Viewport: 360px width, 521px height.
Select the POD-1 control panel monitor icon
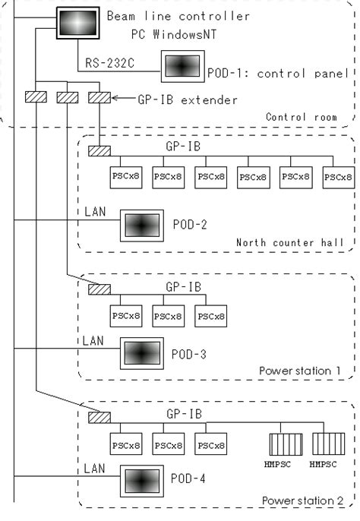point(182,68)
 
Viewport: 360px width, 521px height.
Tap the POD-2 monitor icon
point(141,226)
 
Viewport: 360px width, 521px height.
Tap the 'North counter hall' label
point(290,243)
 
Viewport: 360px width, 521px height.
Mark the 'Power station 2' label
point(302,501)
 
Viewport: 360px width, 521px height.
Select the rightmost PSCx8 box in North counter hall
point(337,176)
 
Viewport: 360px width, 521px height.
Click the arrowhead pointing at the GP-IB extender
point(114,98)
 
